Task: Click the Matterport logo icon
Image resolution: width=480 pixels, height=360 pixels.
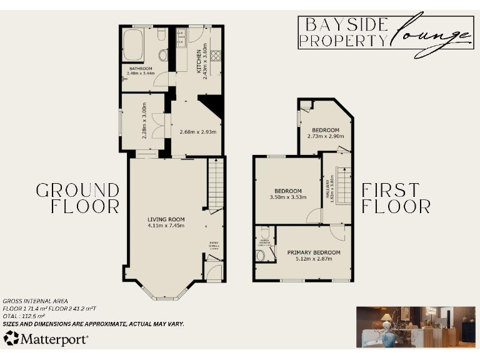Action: tap(11, 339)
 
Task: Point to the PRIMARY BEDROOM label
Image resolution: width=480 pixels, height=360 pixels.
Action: tap(314, 252)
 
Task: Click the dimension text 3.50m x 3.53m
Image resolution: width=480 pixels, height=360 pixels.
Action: tap(288, 197)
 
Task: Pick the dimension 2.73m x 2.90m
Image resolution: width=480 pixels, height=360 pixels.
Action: tap(326, 136)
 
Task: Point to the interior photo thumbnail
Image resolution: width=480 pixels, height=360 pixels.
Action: tap(415, 327)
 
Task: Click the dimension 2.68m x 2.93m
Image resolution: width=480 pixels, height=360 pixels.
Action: tap(197, 132)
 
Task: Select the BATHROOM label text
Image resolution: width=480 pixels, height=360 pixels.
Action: tap(140, 69)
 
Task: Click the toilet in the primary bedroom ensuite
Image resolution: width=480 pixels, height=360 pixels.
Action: tap(261, 255)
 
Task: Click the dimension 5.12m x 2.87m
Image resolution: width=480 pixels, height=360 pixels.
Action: tap(314, 259)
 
